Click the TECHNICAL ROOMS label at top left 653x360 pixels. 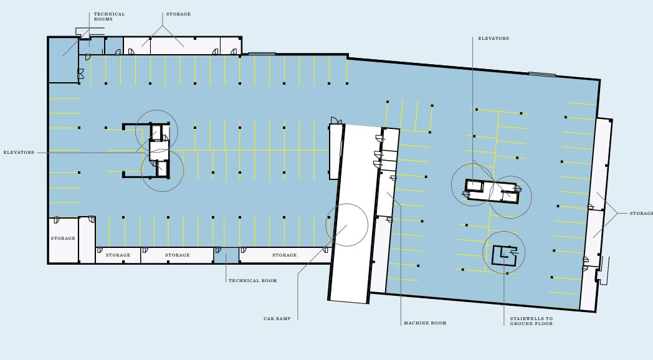[x=109, y=17]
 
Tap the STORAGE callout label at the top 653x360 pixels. [x=178, y=14]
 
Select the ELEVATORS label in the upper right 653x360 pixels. [x=493, y=38]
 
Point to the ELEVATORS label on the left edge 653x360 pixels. [x=19, y=153]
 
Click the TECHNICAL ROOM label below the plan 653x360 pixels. [x=252, y=280]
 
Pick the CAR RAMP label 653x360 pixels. [x=277, y=319]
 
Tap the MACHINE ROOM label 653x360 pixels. [x=425, y=323]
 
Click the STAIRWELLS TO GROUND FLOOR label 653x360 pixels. [x=531, y=321]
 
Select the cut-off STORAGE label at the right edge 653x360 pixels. [x=641, y=214]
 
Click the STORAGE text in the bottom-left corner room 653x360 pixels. [x=63, y=239]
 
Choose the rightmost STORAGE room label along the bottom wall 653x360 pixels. [x=284, y=255]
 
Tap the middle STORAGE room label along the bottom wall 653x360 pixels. [x=178, y=255]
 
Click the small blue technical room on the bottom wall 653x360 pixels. [x=226, y=255]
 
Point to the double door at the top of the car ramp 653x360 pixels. [x=336, y=120]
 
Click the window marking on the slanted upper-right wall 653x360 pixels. [x=542, y=75]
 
